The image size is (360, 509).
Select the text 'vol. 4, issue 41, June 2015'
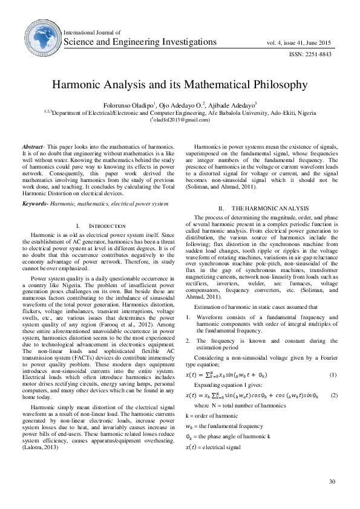pyautogui.click(x=298, y=42)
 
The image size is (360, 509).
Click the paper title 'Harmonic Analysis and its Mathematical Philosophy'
pyautogui.click(x=179, y=85)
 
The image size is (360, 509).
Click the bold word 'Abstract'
pyautogui.click(x=32, y=148)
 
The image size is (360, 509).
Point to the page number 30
pyautogui.click(x=332, y=481)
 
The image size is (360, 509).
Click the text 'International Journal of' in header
pyautogui.click(x=92, y=32)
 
